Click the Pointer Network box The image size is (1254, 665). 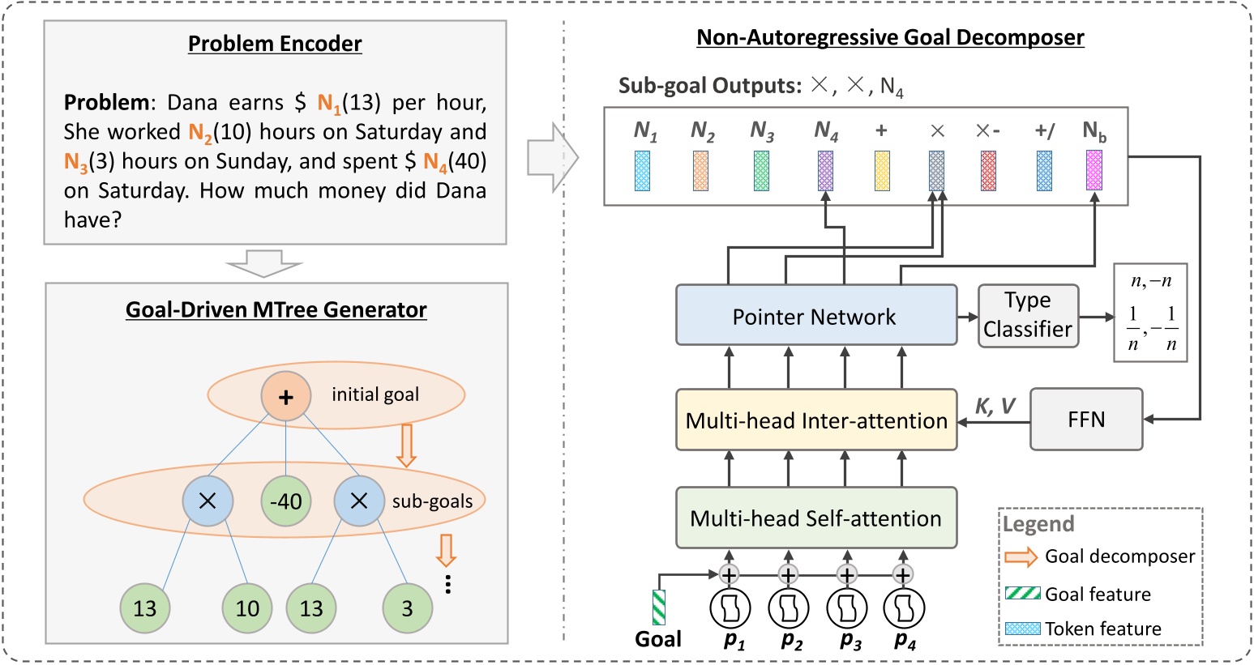point(815,316)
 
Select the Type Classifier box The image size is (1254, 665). point(1028,315)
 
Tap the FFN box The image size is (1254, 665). point(1085,420)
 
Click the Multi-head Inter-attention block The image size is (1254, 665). point(815,420)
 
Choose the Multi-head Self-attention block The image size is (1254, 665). point(815,518)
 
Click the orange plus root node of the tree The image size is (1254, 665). point(285,396)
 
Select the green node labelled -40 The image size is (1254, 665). point(285,501)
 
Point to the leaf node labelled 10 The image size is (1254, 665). point(247,607)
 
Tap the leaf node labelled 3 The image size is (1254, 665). point(407,607)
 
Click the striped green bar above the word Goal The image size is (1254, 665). point(658,607)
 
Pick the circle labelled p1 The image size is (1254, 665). point(730,608)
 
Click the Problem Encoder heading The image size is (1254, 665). point(275,44)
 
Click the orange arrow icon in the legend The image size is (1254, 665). point(1021,556)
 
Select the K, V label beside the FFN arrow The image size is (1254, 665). point(995,407)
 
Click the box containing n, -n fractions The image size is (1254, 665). point(1150,312)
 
